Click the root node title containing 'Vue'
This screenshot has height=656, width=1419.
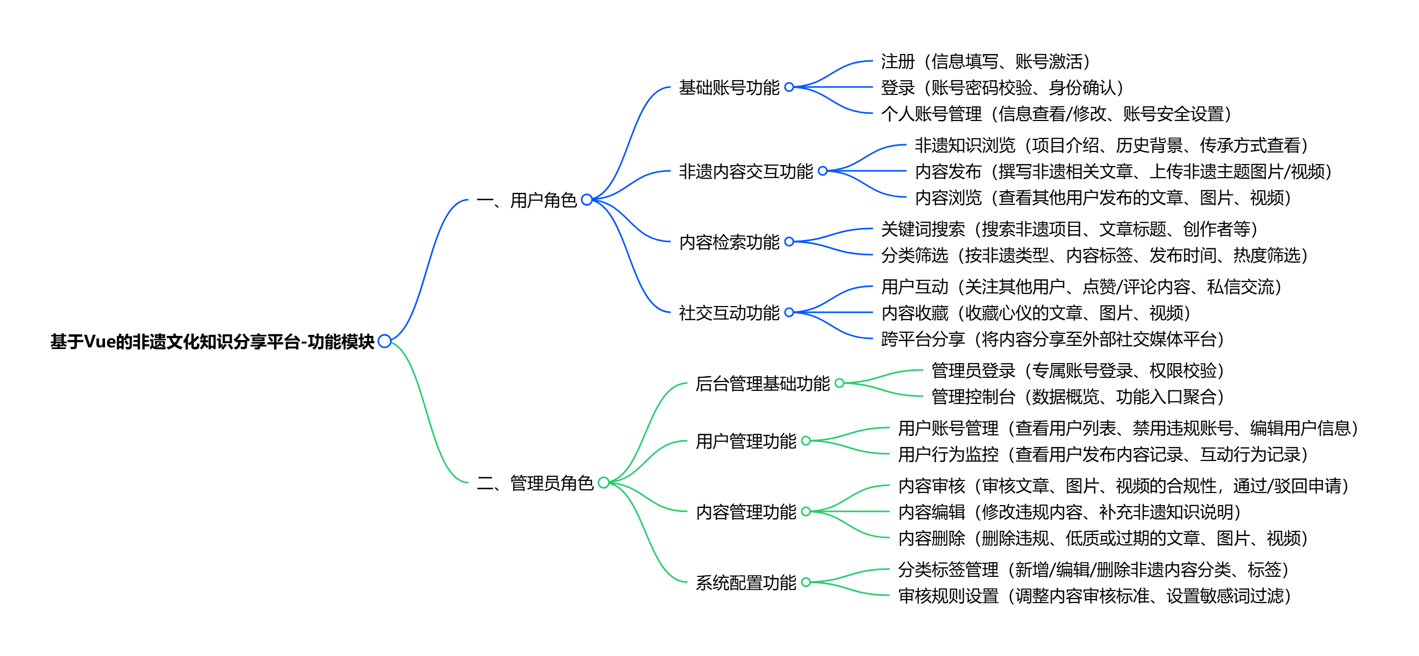pos(212,342)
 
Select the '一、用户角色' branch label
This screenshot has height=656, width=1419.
pos(526,200)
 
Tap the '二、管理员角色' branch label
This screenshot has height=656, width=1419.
pos(535,483)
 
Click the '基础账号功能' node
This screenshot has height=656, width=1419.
pos(729,88)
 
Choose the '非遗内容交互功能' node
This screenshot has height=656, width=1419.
pos(745,171)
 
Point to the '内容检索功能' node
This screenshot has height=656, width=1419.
pos(729,242)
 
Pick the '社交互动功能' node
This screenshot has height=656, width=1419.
pos(729,313)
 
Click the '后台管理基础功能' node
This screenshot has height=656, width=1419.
pos(762,384)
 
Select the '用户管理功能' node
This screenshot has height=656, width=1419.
pos(745,441)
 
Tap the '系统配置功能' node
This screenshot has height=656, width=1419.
pos(745,582)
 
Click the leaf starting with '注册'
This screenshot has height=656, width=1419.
pos(985,61)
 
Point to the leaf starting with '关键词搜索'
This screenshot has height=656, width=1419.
pos(1068,228)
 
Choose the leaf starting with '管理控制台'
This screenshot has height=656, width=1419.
pos(1077,397)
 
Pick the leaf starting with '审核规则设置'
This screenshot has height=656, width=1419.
pos(1094,595)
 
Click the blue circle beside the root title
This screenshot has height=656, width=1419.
pos(385,342)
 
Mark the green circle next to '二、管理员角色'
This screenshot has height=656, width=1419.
pos(604,483)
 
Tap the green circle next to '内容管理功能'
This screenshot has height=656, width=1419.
pos(806,512)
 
